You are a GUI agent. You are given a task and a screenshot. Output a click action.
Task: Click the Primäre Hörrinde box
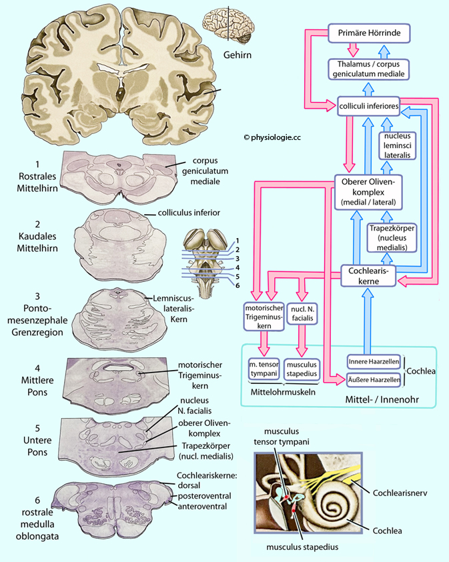tap(368, 33)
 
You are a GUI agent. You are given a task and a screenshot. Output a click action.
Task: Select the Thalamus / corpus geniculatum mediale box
tap(368, 69)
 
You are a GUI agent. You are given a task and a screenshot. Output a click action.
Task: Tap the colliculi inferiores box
tap(368, 106)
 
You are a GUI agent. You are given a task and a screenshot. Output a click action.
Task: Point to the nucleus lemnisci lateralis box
tap(398, 145)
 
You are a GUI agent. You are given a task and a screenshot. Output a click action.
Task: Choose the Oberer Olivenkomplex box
tap(368, 192)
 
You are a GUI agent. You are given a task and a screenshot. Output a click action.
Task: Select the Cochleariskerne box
tap(368, 276)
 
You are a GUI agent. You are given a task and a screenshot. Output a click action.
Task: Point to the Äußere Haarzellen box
tap(374, 380)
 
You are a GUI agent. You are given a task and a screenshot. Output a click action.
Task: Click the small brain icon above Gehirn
tap(228, 24)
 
